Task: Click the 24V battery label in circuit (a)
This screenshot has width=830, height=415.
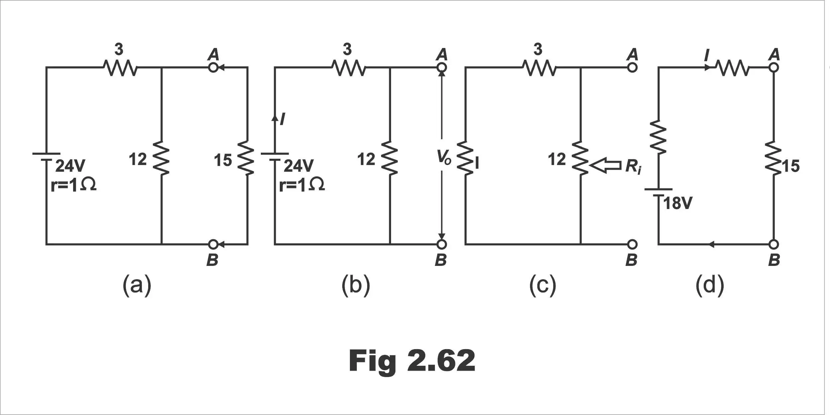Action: [x=70, y=166]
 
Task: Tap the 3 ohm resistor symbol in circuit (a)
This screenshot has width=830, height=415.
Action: [x=120, y=68]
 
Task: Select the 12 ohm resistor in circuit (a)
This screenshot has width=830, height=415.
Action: [x=161, y=158]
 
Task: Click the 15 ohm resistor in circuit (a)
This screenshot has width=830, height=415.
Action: [x=247, y=158]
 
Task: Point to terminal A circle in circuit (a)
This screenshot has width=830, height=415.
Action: [x=213, y=68]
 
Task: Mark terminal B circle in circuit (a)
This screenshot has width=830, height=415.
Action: [x=213, y=244]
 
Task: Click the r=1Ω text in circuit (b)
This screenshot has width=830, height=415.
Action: [x=302, y=185]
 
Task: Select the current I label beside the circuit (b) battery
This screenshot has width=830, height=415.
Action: [x=282, y=119]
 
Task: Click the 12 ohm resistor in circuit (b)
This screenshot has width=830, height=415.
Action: [x=390, y=158]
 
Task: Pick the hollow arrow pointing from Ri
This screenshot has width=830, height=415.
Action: [x=605, y=165]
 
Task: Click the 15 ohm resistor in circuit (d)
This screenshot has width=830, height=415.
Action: [x=774, y=158]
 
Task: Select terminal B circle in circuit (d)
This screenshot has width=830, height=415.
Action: [x=774, y=244]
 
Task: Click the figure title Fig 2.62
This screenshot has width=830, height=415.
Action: [x=412, y=361]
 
